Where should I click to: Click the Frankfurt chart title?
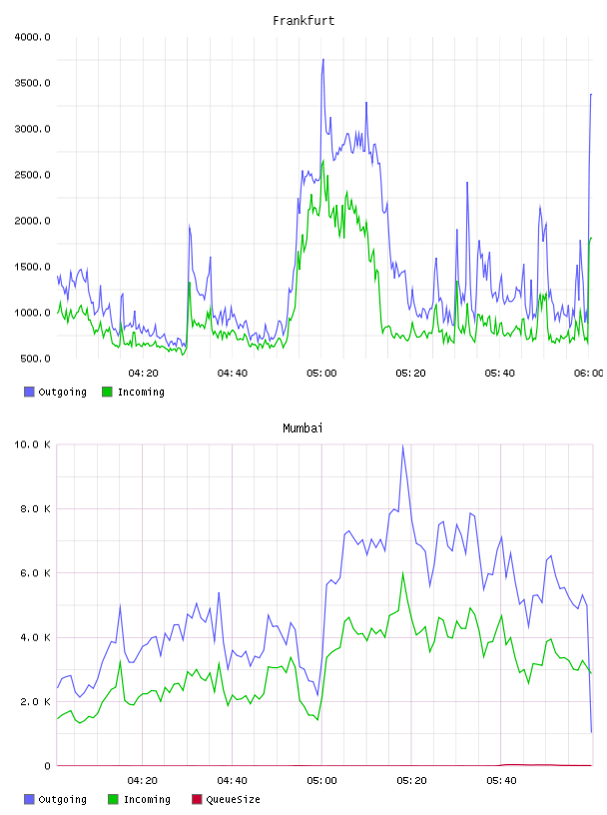pos(303,21)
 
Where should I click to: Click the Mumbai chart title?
pos(303,428)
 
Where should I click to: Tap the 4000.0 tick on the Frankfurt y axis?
pos(32,37)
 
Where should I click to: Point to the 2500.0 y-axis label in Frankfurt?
pos(32,175)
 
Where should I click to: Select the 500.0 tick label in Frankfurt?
pos(35,359)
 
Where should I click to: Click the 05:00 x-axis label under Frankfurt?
pos(321,374)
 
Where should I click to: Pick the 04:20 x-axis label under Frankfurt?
pos(144,374)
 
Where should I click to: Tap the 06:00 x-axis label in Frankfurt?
pos(589,374)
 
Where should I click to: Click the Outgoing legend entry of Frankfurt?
pos(56,392)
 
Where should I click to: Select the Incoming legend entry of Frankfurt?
pos(134,392)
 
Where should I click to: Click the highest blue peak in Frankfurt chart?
pos(322,59)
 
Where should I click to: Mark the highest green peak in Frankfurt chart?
pos(323,161)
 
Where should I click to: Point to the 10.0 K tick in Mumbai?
pos(32,444)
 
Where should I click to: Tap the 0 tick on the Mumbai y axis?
pos(47,766)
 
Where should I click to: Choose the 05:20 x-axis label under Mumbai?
pos(411,781)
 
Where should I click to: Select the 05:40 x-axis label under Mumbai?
pos(501,781)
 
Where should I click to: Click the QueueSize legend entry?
pos(226,799)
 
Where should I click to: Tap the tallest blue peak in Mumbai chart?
pos(402,445)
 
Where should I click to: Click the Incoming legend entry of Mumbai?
pos(140,799)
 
